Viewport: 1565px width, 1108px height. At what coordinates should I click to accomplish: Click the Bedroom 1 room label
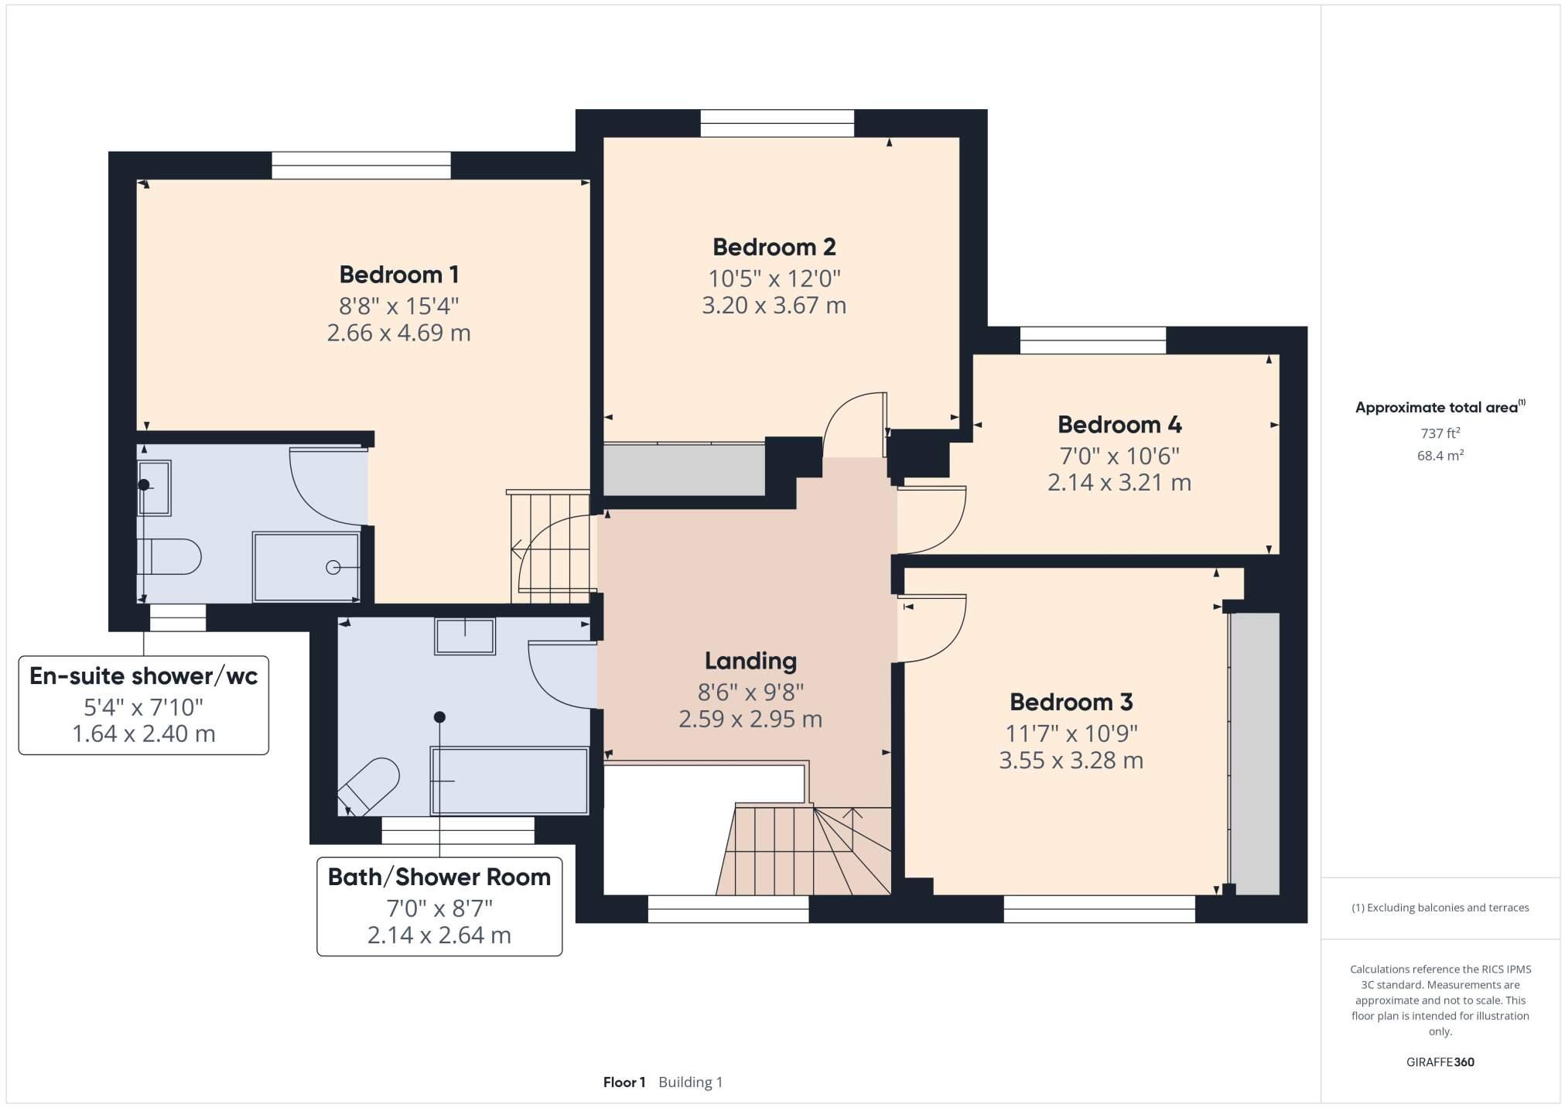[398, 275]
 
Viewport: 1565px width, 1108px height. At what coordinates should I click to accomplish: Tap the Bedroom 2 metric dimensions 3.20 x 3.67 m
[774, 306]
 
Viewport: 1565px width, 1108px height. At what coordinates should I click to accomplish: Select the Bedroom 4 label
[1119, 425]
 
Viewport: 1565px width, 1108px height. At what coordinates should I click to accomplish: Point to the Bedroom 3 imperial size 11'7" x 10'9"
[1071, 733]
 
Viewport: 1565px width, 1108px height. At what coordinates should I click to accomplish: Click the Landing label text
[750, 661]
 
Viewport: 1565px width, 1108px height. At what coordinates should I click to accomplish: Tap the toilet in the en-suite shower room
[170, 556]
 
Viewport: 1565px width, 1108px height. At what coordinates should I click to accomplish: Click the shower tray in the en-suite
[306, 566]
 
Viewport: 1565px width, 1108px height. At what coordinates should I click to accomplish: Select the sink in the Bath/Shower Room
[464, 636]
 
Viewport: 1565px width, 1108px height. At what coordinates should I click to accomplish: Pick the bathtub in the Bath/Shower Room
[510, 780]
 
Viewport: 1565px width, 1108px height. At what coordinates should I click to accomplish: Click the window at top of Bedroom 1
[360, 166]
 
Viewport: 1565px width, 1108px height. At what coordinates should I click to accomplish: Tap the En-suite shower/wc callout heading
[143, 676]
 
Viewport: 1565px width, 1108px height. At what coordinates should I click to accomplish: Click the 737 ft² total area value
[1439, 433]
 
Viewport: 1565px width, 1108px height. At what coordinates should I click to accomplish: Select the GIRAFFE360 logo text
[1440, 1062]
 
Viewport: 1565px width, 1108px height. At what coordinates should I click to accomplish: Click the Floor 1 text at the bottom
[624, 1082]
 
